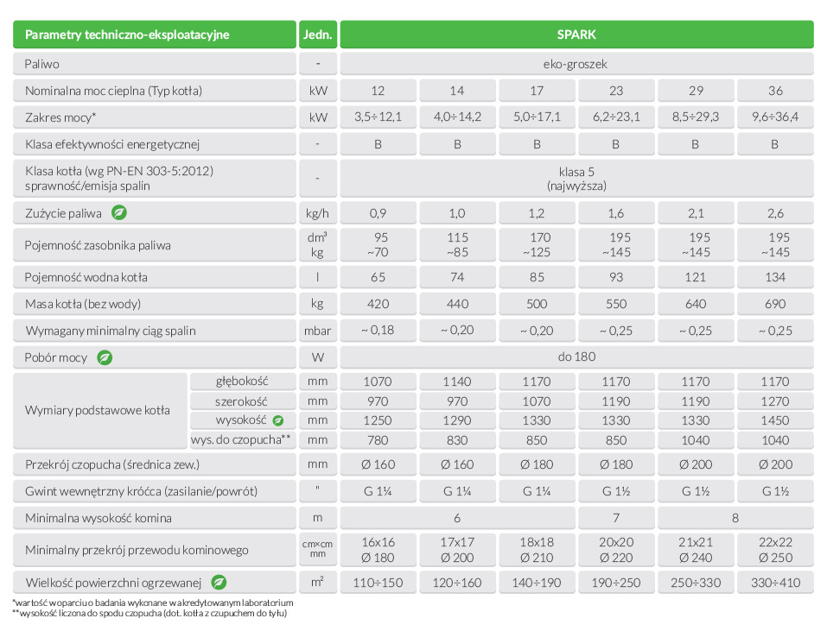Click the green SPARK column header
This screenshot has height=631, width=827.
tap(576, 35)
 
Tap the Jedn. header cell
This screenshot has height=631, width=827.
tap(318, 35)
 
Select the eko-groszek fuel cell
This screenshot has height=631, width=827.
tap(576, 64)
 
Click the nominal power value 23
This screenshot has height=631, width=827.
tap(616, 91)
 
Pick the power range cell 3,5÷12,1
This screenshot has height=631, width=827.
tap(378, 117)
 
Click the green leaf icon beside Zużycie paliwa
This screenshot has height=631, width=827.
tap(119, 212)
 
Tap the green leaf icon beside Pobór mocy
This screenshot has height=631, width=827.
tap(105, 357)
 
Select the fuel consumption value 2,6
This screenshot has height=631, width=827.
tap(774, 212)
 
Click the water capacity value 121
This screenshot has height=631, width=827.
tap(695, 277)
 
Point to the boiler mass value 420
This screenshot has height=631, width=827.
tap(378, 304)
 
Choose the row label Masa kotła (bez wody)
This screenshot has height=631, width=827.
tap(84, 304)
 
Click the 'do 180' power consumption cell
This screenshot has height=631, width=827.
tap(576, 357)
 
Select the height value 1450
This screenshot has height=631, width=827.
tap(774, 420)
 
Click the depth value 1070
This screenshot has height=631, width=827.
tap(378, 382)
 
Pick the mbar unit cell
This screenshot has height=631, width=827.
tap(318, 331)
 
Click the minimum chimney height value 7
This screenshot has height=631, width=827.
tap(616, 518)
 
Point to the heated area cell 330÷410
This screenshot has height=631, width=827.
tap(774, 582)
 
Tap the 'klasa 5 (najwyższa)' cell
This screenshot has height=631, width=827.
tap(576, 179)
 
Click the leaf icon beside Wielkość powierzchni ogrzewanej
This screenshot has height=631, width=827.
tap(219, 582)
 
